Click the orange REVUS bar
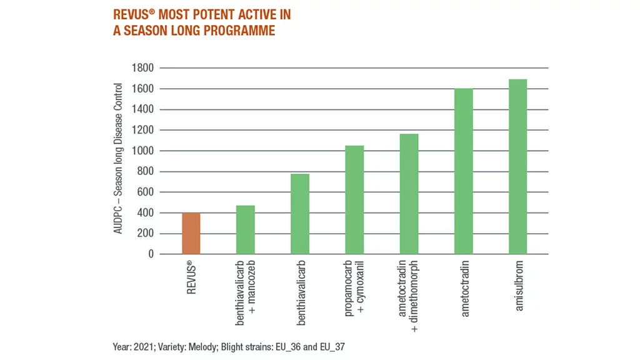pos(191,234)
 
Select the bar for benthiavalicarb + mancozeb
pos(245,230)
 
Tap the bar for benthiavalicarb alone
pos(300,214)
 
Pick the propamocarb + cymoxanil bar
pos(354,200)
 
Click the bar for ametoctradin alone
pos(463,171)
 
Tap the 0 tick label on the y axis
pos(150,254)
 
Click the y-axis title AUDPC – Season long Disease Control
pos(118,160)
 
